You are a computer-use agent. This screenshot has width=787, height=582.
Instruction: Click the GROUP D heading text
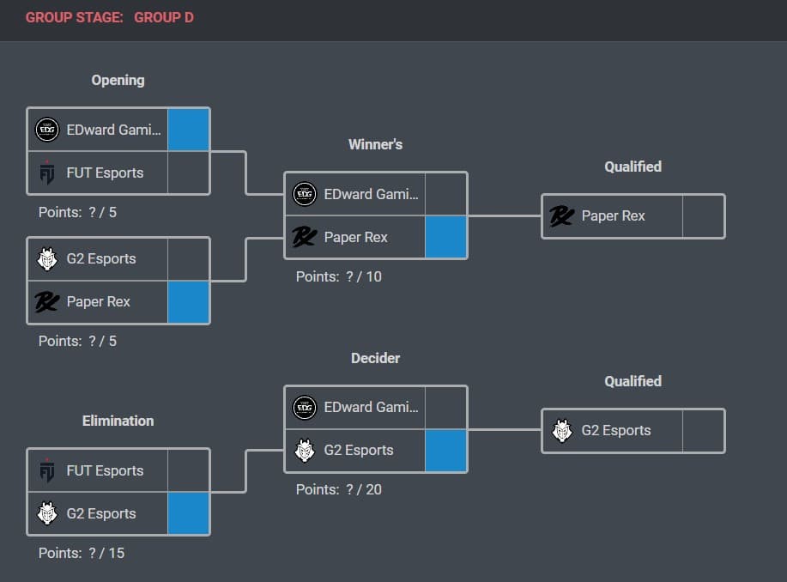tap(163, 17)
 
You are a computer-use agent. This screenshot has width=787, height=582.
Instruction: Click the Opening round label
tap(118, 80)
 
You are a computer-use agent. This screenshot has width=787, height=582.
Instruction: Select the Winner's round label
tap(375, 144)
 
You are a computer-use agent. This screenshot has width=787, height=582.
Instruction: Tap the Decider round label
tap(375, 358)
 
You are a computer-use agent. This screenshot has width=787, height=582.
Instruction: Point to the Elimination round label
tap(118, 421)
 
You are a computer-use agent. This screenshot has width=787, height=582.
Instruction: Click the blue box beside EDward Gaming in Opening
tap(189, 130)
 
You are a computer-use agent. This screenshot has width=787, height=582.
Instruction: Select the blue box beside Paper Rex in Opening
tap(189, 302)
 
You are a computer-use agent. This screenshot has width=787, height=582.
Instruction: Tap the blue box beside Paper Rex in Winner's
tap(446, 237)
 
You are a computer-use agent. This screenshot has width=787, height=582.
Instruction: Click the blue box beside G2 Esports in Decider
tap(446, 451)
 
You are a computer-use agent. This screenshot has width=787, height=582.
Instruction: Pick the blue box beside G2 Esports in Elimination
tap(189, 513)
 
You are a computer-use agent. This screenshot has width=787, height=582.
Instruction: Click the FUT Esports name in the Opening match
tap(105, 173)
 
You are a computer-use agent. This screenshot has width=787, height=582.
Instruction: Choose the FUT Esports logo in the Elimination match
tap(47, 470)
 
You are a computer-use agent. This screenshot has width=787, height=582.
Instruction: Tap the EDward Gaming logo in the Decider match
tap(305, 407)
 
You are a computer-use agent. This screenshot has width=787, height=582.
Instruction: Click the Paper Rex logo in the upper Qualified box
tap(561, 215)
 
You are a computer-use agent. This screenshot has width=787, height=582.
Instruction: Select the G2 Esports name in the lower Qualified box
tap(616, 430)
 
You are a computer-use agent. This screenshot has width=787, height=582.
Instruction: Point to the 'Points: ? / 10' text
tap(338, 276)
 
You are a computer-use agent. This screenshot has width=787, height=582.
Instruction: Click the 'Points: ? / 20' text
tap(338, 489)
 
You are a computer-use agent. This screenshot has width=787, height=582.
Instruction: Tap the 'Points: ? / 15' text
tap(82, 553)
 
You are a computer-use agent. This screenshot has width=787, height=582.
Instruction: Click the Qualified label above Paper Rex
tap(633, 167)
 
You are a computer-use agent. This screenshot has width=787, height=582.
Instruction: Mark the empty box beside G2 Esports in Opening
tap(189, 258)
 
